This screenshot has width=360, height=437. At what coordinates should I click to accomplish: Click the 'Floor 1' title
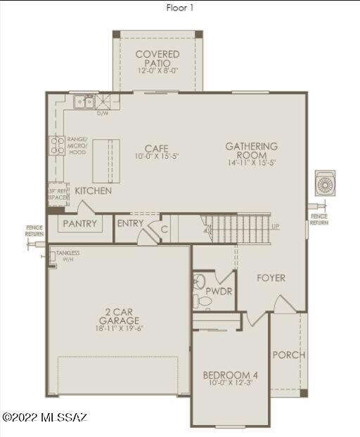179,8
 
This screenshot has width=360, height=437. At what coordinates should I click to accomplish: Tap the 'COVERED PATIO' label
157,58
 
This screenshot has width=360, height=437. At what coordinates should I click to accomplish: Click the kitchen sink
84,103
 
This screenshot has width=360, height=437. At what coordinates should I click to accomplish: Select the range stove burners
56,145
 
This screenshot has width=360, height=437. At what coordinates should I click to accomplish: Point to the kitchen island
106,161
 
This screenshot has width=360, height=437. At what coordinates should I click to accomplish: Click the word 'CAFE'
156,148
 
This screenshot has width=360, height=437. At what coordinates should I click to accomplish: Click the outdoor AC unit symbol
326,184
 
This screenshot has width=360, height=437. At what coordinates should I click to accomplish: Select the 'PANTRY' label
79,223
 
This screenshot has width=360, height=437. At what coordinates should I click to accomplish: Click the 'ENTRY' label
130,223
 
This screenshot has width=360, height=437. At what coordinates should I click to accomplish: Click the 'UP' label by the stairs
275,226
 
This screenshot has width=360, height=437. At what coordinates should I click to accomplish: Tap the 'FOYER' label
271,278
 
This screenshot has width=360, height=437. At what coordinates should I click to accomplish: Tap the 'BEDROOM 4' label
231,375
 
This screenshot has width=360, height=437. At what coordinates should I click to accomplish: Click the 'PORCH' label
289,355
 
